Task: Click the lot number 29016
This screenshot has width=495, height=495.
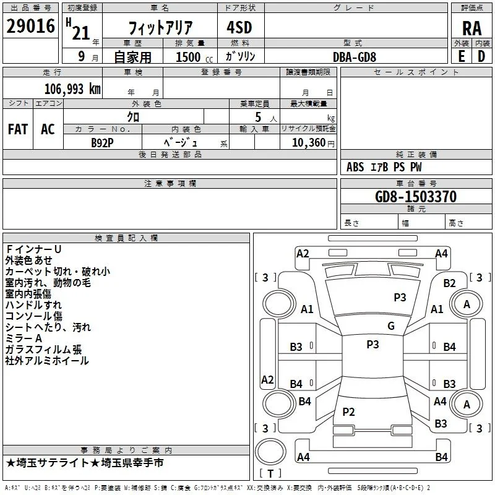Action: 30,26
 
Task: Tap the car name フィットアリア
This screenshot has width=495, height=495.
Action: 160,27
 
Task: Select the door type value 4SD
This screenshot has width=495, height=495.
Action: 239,27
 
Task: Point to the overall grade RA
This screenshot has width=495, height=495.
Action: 472,28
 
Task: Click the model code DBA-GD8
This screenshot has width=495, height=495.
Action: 354,57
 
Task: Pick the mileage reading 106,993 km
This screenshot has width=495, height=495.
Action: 72,88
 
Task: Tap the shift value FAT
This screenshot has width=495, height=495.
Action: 18,129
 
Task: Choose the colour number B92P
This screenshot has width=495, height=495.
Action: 102,143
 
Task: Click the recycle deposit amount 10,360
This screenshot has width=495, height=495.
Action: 309,142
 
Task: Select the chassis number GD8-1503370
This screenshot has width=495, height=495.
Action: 416,197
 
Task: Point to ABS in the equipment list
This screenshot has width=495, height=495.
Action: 355,167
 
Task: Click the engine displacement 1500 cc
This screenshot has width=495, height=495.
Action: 194,57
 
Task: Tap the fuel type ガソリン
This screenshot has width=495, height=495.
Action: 240,56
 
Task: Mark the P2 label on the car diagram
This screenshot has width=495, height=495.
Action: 348,411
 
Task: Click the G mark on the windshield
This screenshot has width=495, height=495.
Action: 391,326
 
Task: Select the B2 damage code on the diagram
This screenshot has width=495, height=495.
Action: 449,283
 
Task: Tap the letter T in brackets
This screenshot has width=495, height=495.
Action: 270,473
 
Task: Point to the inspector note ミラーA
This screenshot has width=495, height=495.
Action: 24,338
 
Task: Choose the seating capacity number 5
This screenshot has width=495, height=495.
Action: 258,117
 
